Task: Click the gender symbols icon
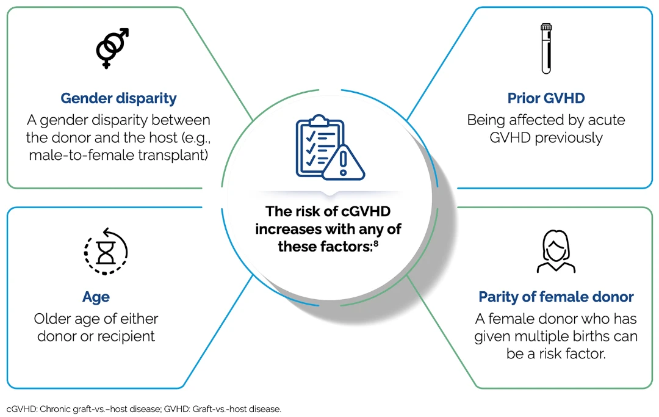point(113,48)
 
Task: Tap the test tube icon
point(546,49)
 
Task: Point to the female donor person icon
point(555,251)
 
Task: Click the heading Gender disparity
point(118,98)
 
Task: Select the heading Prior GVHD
point(546,98)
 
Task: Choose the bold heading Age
point(96,297)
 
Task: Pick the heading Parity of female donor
point(556,297)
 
